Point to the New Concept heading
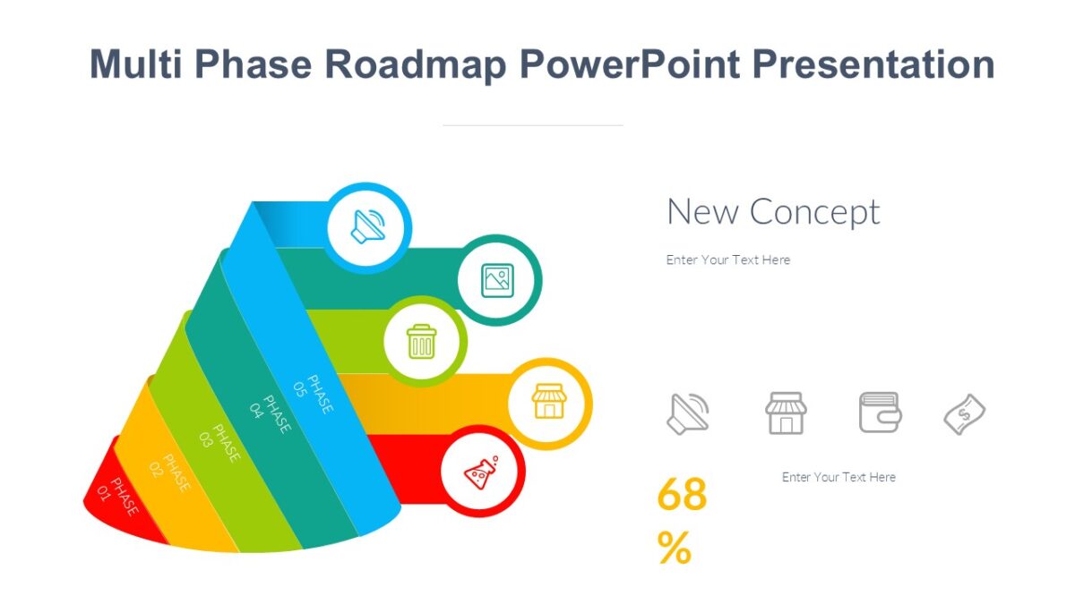coord(773,212)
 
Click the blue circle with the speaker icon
coord(368,227)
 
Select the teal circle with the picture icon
coord(498,280)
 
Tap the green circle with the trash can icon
coord(422,341)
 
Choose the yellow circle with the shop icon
coord(549,403)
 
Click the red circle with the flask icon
coord(483,472)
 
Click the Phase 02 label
coord(170,472)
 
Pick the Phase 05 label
coord(314,395)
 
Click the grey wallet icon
coord(880,413)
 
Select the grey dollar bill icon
coord(965,414)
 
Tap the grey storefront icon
coord(786,413)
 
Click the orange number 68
coord(682,495)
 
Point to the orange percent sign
coord(674,548)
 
